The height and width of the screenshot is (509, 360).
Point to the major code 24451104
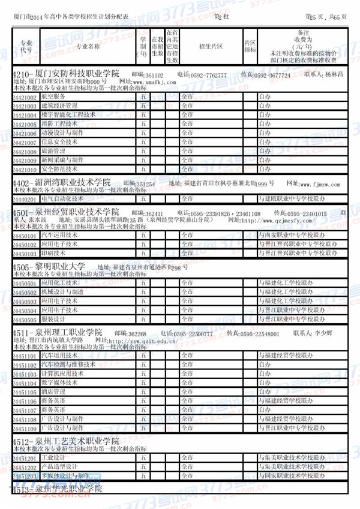click(x=25, y=382)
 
